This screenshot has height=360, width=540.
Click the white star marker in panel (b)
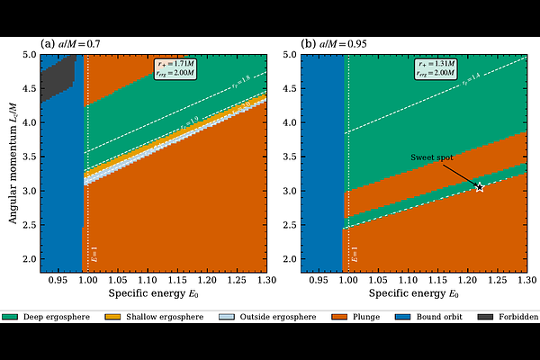[x=480, y=187]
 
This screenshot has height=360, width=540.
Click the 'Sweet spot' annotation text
[x=432, y=157]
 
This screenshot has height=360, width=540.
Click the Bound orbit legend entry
[x=426, y=317]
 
